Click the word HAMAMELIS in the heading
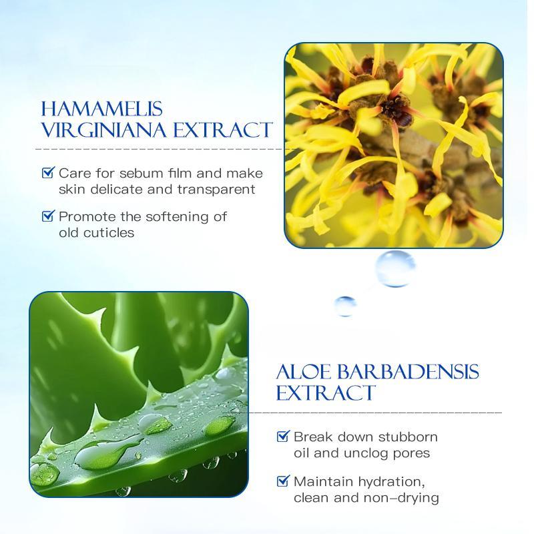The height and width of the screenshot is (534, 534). pos(101,109)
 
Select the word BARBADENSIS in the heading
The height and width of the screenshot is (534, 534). pos(408,372)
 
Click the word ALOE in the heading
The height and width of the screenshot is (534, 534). pos(304,372)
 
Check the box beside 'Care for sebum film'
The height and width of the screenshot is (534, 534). pos(48,172)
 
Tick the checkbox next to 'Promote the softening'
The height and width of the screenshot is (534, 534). pos(48,216)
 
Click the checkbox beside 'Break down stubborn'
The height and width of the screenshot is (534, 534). pos(283,436)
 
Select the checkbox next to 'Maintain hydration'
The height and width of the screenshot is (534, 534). pos(283,481)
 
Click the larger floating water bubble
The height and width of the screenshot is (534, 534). pos(395,269)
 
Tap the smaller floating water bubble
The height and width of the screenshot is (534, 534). pos(345,306)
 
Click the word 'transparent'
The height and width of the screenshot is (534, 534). pos(216,190)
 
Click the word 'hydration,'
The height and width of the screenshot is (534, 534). pos(391,483)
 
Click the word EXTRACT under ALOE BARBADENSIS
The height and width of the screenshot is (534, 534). pos(325,393)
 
